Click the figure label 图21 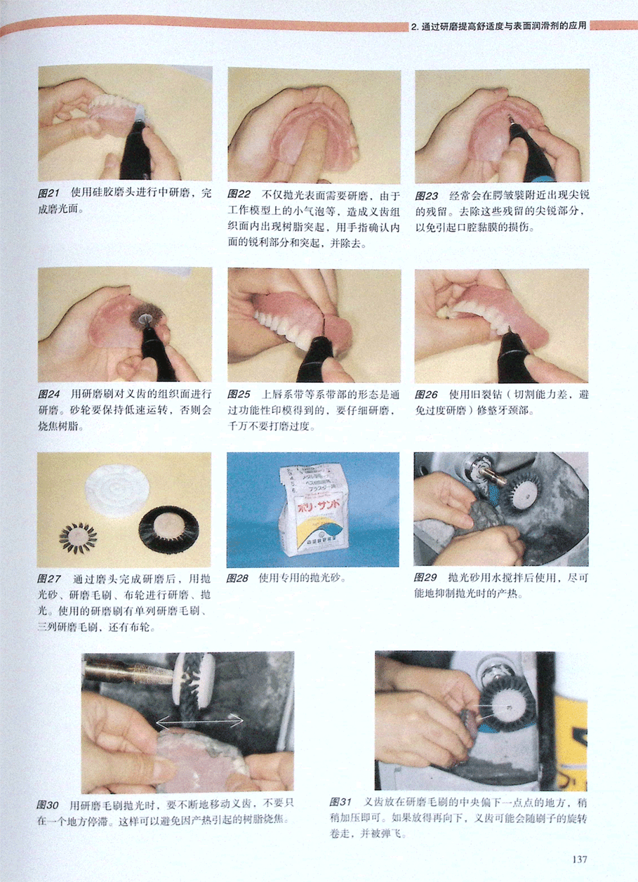49,193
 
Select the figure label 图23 427,196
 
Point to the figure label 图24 49,394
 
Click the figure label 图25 239,394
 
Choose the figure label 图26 426,395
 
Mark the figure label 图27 49,579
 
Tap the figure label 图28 237,578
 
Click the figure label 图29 425,577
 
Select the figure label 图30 48,805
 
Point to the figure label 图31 340,802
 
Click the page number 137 580,859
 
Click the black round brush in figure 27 168,529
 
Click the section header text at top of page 498,27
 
